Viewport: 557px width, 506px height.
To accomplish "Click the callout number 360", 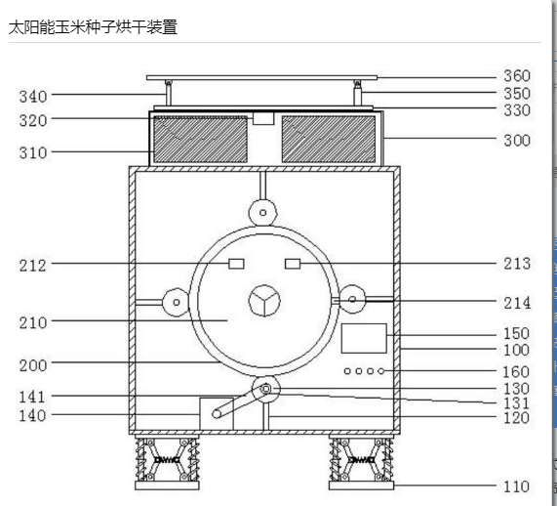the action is (517, 76).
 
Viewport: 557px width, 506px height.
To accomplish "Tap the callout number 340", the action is (33, 97).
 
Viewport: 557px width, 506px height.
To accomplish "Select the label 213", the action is (517, 264).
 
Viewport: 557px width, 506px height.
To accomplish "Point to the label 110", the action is (516, 486).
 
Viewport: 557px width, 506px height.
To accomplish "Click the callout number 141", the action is (32, 398).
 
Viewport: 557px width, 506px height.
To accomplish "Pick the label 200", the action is (33, 365).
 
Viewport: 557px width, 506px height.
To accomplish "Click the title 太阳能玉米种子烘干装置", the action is (93, 27).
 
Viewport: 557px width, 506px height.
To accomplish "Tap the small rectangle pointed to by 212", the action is (236, 264).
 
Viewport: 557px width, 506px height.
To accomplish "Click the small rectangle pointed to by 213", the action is (293, 264).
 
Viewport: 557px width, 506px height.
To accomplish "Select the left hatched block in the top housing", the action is (200, 139).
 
